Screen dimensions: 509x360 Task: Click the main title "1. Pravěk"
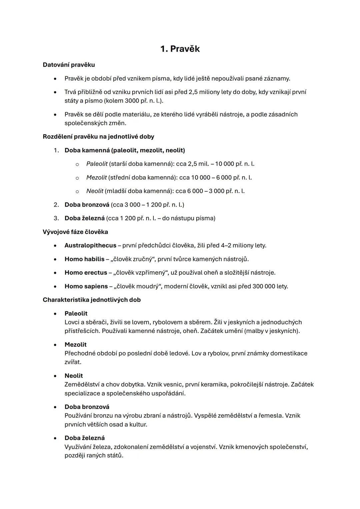pyautogui.click(x=180, y=49)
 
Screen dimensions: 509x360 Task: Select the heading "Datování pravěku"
pyautogui.click(x=69, y=65)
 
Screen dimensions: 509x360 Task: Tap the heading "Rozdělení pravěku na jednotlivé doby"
pyautogui.click(x=98, y=137)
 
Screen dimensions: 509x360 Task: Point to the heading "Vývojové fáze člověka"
pyautogui.click(x=75, y=232)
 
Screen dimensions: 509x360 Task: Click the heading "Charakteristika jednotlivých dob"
pyautogui.click(x=92, y=300)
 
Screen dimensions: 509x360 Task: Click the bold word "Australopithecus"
pyautogui.click(x=90, y=245)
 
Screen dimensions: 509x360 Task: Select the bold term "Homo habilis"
pyautogui.click(x=84, y=259)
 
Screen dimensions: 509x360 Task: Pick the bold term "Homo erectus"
pyautogui.click(x=86, y=273)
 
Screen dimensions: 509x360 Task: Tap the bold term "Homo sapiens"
pyautogui.click(x=86, y=286)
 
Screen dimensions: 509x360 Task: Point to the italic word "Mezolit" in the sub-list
pyautogui.click(x=96, y=177)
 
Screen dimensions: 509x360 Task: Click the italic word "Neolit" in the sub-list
pyautogui.click(x=95, y=191)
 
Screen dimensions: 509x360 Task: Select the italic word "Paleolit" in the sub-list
pyautogui.click(x=97, y=164)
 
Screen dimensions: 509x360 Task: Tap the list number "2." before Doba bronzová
pyautogui.click(x=56, y=205)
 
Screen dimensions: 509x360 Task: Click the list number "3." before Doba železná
pyautogui.click(x=56, y=218)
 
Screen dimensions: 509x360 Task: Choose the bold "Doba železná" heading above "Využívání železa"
pyautogui.click(x=84, y=438)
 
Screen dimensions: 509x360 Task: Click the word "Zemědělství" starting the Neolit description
pyautogui.click(x=82, y=384)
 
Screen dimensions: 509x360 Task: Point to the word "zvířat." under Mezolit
pyautogui.click(x=73, y=362)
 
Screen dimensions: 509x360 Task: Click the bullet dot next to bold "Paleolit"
pyautogui.click(x=55, y=314)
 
